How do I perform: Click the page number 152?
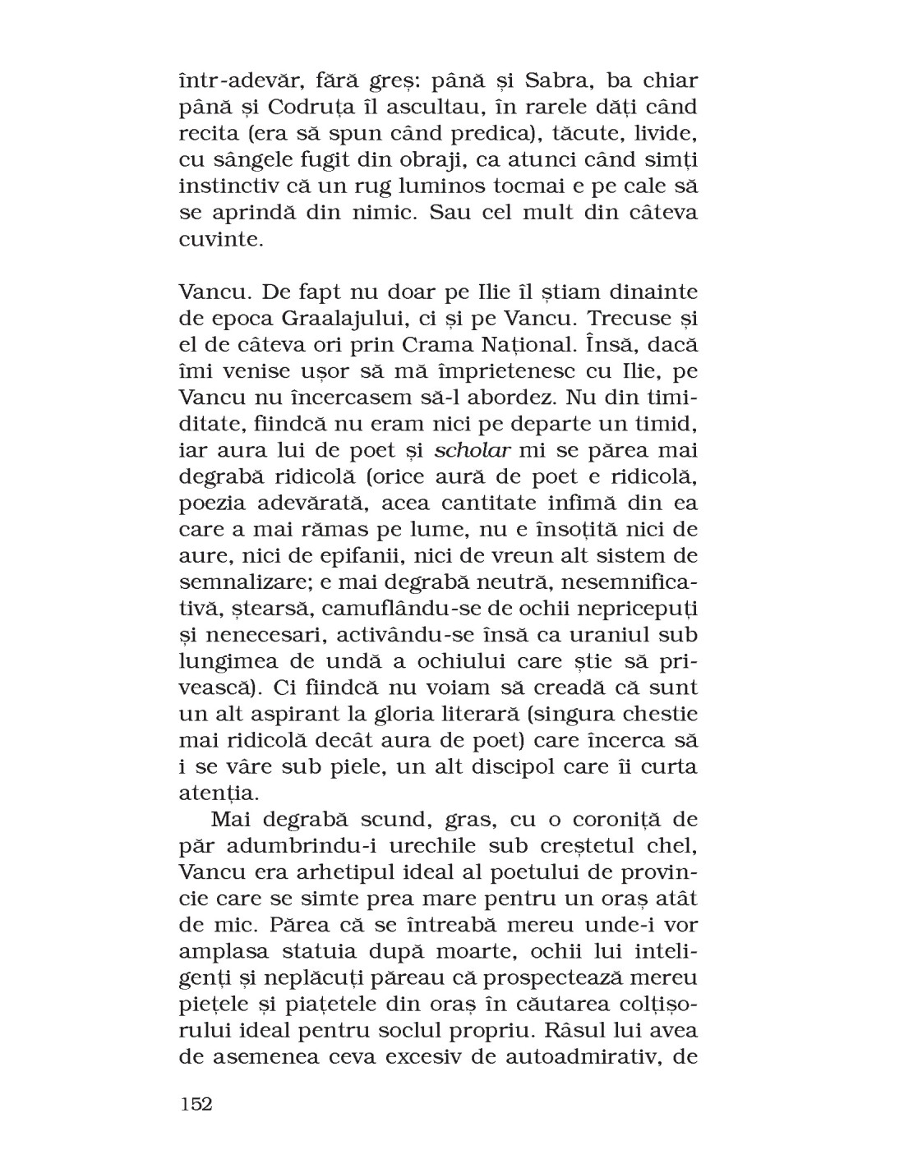click(x=196, y=1103)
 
